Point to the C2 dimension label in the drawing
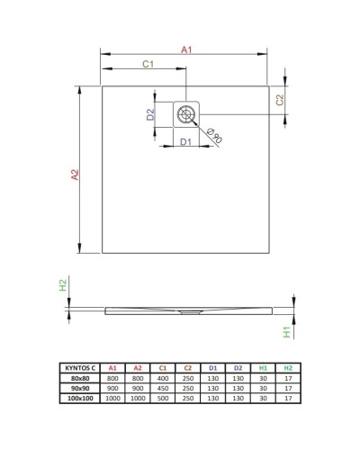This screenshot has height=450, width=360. pyautogui.click(x=280, y=100)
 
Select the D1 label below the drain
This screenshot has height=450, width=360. pyautogui.click(x=184, y=141)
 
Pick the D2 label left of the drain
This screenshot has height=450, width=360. pyautogui.click(x=151, y=113)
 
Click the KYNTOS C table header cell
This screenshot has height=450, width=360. pyautogui.click(x=81, y=368)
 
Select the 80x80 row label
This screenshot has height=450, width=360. pyautogui.click(x=81, y=377)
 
